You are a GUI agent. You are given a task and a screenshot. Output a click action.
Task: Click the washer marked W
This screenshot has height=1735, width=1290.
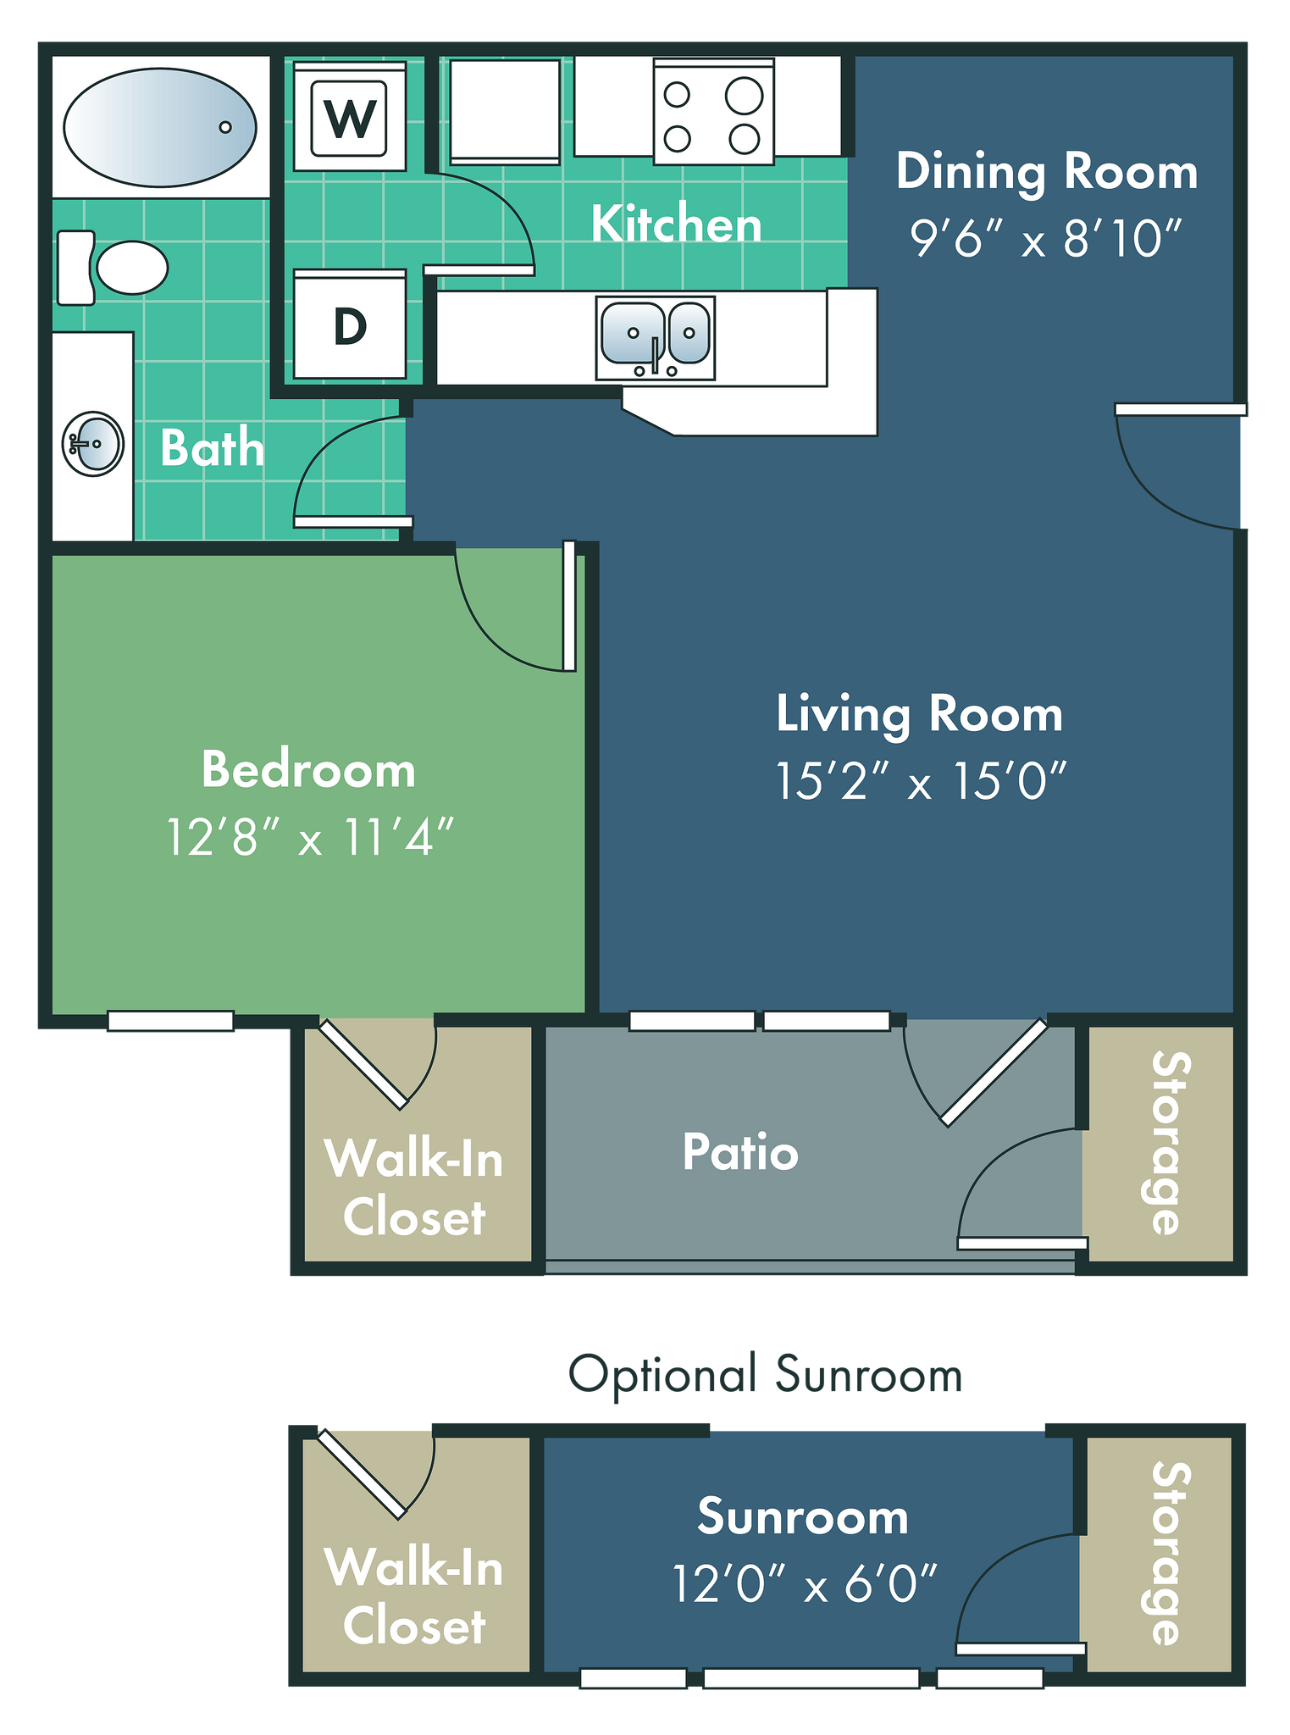click(x=349, y=114)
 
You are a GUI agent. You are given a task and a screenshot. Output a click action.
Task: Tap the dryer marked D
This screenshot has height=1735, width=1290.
click(x=349, y=324)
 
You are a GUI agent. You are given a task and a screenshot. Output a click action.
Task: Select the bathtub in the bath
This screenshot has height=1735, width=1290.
click(x=160, y=127)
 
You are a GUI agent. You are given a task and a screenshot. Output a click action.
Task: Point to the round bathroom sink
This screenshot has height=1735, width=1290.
click(x=93, y=443)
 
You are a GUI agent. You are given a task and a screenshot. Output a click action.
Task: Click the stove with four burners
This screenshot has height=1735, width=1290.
click(x=713, y=111)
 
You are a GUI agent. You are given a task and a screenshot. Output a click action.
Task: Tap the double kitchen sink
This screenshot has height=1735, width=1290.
click(x=655, y=337)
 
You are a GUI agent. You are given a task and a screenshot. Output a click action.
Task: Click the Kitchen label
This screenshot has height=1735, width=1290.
click(x=676, y=224)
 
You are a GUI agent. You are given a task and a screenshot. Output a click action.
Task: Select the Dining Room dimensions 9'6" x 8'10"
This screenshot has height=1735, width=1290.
click(x=1045, y=238)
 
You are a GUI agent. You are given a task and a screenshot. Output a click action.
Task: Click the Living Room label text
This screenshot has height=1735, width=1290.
click(x=919, y=713)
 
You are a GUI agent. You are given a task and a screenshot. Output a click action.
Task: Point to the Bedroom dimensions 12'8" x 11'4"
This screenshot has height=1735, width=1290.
click(x=310, y=837)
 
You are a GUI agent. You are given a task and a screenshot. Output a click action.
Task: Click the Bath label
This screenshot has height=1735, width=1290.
click(x=213, y=447)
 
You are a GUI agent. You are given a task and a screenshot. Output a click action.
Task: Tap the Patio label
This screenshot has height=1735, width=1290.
click(x=740, y=1152)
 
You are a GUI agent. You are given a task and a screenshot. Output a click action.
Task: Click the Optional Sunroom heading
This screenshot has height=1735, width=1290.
click(x=766, y=1374)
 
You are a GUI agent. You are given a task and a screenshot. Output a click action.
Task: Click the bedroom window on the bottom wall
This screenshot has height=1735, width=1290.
click(x=170, y=1021)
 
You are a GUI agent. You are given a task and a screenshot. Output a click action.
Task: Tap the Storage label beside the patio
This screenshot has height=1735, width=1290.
click(x=1171, y=1143)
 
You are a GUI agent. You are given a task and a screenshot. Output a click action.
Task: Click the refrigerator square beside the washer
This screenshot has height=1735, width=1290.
click(x=505, y=111)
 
